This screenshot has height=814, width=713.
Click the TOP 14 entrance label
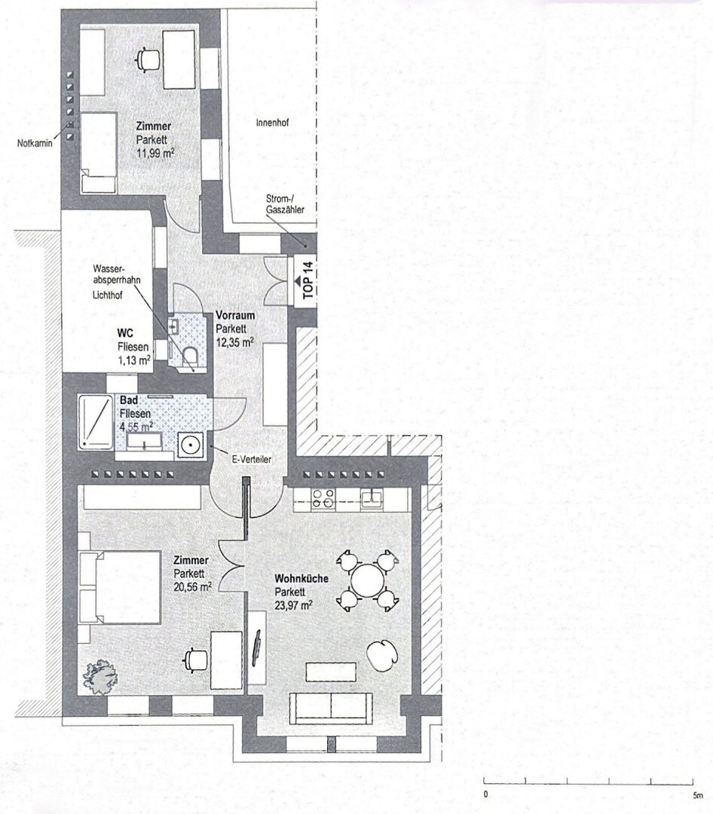[308, 280]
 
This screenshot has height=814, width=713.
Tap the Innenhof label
[272, 123]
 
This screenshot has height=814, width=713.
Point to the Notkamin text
[35, 143]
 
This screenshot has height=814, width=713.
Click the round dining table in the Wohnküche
[368, 580]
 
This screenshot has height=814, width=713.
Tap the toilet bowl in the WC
[190, 357]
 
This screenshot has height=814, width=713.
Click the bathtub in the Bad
[95, 421]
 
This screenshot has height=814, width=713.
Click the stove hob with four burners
[323, 498]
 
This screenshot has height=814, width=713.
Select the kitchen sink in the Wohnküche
[372, 498]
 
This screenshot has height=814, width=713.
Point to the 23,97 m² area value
[293, 604]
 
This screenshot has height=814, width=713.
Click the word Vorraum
[235, 315]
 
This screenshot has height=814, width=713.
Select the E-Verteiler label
[251, 459]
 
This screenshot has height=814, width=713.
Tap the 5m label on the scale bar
[697, 795]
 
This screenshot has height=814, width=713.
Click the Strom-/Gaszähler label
[285, 204]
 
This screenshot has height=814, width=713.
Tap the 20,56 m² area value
[192, 587]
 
